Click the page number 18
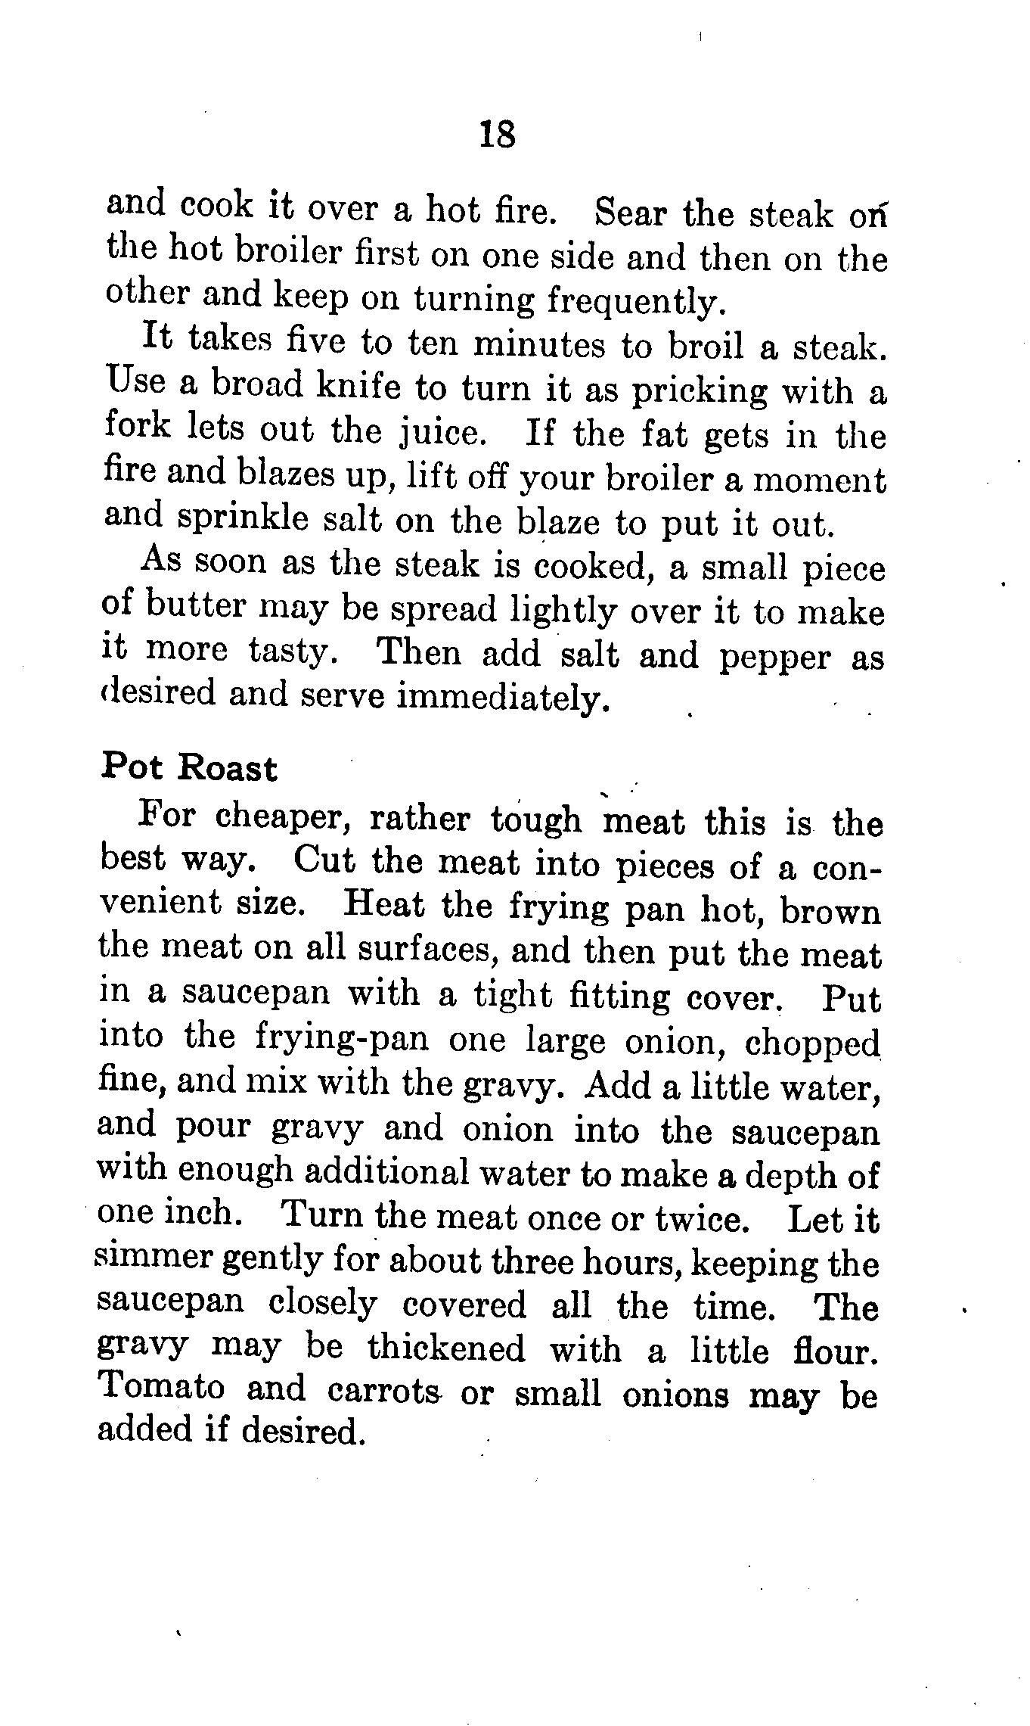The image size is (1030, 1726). point(497,135)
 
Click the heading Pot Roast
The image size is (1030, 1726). point(189,767)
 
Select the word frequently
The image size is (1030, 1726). point(634,302)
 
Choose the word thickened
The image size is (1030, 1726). point(445,1348)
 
